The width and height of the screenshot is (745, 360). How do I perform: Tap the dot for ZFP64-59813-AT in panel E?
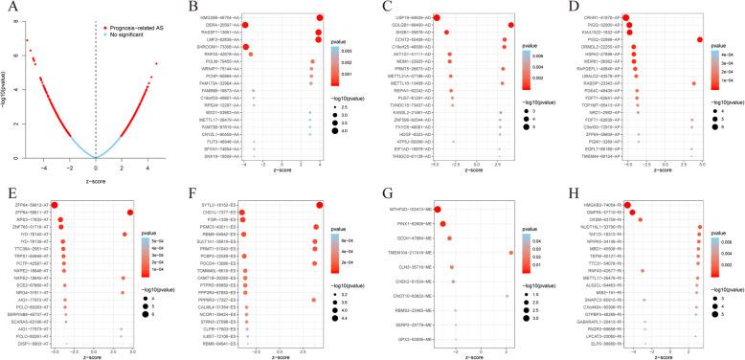point(55,204)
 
